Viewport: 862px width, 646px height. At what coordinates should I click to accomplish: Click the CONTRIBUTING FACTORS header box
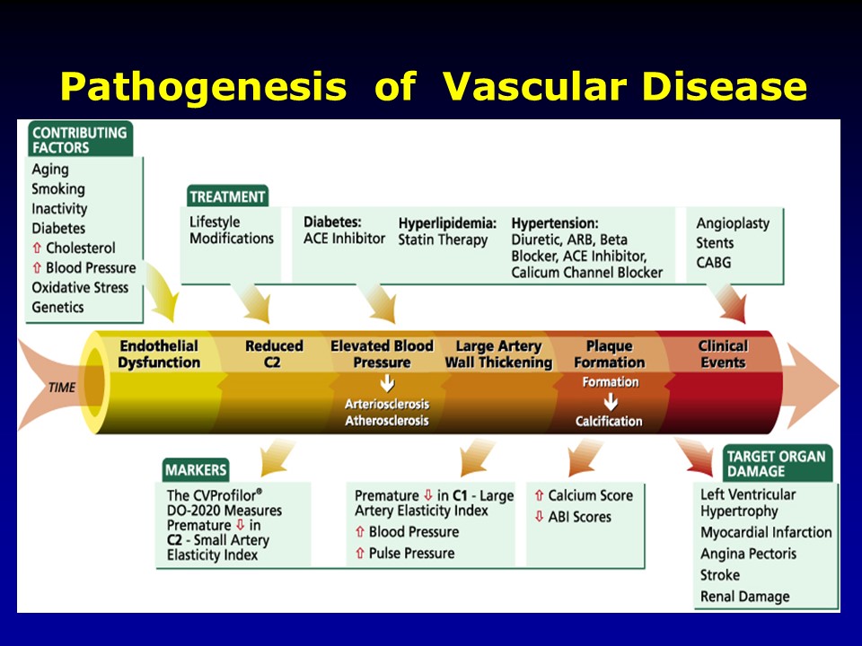click(79, 140)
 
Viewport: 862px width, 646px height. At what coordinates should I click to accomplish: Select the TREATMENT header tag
click(227, 196)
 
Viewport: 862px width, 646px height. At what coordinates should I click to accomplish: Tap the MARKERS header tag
click(196, 469)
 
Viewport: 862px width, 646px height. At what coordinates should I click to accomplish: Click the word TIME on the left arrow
click(63, 388)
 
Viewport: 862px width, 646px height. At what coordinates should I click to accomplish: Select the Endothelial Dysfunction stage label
click(159, 354)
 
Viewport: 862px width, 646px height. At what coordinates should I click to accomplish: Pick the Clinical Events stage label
click(723, 354)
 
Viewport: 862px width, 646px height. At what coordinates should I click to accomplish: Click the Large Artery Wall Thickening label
click(498, 354)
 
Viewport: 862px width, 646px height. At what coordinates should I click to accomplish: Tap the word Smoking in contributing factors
click(58, 189)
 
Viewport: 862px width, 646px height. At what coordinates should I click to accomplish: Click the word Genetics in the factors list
click(57, 307)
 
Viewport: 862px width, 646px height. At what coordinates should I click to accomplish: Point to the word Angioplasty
click(733, 223)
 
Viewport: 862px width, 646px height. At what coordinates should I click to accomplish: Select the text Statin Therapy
click(443, 240)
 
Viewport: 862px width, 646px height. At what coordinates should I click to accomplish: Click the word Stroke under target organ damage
click(720, 574)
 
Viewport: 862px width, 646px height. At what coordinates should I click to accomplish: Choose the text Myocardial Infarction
click(766, 532)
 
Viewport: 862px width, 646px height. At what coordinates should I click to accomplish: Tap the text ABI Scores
click(579, 517)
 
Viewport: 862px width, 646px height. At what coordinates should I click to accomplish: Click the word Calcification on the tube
click(609, 421)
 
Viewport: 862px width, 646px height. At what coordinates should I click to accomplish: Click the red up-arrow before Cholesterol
click(37, 249)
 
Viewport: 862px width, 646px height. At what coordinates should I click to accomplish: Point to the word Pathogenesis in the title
click(203, 87)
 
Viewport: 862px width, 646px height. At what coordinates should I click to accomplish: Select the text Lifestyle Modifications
click(232, 231)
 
